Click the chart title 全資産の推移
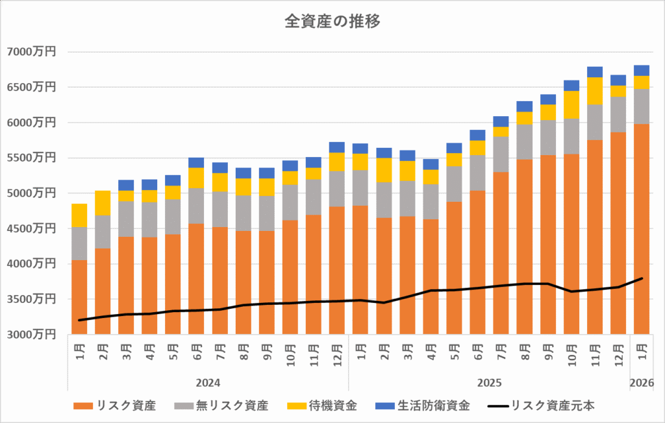(332, 21)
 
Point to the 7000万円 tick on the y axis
(31, 52)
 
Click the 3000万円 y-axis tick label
(31, 335)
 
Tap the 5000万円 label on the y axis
(31, 193)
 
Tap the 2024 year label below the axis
(208, 383)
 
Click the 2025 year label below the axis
(489, 383)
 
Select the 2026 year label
(642, 383)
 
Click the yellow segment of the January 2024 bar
(79, 215)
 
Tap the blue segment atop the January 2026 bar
(642, 70)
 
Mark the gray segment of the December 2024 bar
(337, 189)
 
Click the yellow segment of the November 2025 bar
(595, 91)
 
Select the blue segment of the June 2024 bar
(196, 162)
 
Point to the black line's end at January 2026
(642, 278)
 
